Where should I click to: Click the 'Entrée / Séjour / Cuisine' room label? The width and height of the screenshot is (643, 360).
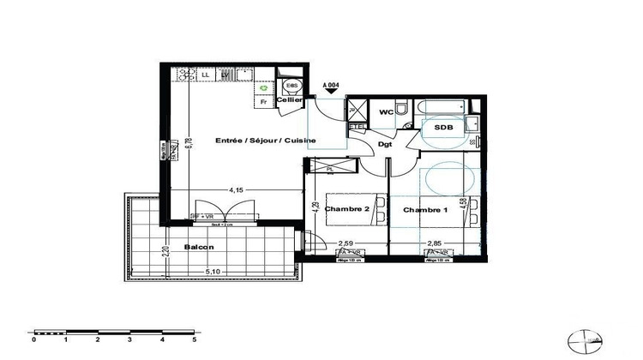coord(266,141)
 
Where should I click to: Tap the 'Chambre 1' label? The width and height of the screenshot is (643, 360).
coord(426,210)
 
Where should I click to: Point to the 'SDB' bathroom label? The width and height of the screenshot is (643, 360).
coord(443,128)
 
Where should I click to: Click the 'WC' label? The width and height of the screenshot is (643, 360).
coord(386,111)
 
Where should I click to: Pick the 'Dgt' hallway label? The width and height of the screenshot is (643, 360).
coord(386,145)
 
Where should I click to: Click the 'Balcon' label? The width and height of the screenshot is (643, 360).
coord(198,248)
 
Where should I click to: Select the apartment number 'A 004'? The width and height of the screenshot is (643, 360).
coord(331,85)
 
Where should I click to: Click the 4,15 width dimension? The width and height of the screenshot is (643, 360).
coord(237,189)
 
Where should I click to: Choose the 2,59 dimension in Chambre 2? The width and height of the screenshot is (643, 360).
coord(346,243)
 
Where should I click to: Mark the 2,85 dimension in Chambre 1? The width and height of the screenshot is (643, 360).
coord(436,243)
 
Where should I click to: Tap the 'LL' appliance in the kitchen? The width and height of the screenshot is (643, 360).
coord(206,75)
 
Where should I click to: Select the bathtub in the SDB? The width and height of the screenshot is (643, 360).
coord(442,107)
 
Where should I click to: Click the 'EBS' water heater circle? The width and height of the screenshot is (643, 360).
coord(291,86)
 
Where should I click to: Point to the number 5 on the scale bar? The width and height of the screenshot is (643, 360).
coord(194,340)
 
